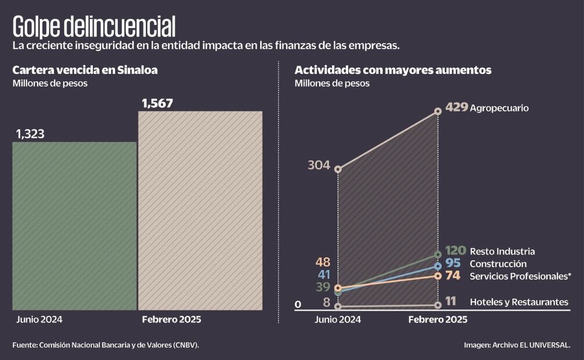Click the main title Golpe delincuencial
(93, 26)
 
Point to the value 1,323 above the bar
(30, 134)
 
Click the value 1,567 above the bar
(157, 103)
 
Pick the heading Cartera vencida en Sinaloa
(85, 70)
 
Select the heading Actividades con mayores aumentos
(393, 70)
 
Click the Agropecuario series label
(499, 108)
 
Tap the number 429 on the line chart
(456, 107)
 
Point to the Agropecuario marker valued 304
(338, 170)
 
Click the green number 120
(456, 251)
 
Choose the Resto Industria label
(502, 251)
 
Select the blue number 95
(453, 264)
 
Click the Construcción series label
(498, 264)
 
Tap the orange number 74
(453, 276)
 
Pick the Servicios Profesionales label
(520, 276)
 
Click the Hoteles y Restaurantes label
(518, 302)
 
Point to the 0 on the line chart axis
(298, 304)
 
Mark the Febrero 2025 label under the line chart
(438, 320)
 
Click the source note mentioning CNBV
(106, 345)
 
